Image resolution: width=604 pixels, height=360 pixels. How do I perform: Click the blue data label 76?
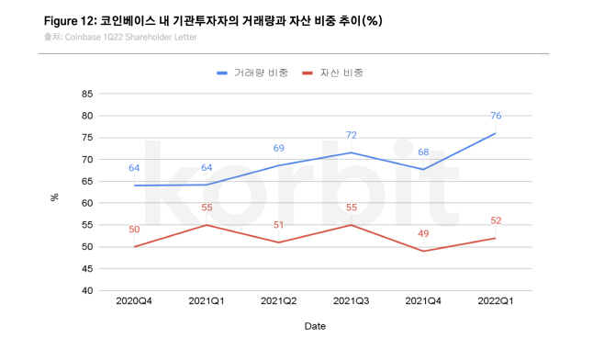(495, 116)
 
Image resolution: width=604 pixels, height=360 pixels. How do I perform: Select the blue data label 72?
(351, 135)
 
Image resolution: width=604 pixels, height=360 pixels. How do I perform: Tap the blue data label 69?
(279, 148)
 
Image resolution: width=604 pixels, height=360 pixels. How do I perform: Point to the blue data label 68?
(423, 152)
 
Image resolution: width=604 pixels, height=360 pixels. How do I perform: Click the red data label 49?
(423, 233)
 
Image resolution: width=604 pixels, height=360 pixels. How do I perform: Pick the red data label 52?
(495, 220)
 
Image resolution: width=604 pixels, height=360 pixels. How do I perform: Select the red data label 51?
(279, 224)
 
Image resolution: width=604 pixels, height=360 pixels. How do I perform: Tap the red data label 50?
(134, 229)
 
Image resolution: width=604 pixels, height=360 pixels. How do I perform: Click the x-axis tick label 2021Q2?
(279, 300)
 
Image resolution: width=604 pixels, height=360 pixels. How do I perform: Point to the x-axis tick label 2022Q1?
(496, 300)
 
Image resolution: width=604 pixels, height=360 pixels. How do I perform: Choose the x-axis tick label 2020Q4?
(134, 300)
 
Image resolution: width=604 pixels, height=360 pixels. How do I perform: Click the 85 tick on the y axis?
(87, 94)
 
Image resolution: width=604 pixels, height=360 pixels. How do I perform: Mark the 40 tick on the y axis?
(87, 290)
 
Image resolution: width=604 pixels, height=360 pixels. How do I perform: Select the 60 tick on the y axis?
(87, 203)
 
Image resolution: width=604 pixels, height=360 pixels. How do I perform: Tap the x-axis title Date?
(315, 325)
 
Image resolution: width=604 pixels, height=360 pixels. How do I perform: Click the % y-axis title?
(55, 196)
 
